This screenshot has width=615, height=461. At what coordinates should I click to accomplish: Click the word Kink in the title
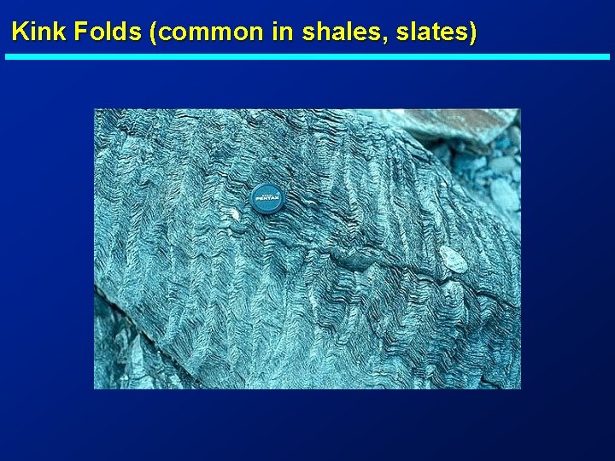point(39,32)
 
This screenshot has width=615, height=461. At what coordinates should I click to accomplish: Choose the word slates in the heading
point(434,32)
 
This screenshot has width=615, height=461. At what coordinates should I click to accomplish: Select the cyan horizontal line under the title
point(307,56)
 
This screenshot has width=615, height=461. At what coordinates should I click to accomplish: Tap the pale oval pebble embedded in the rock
point(454,259)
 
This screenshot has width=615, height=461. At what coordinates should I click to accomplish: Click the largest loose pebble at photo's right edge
point(504,195)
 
